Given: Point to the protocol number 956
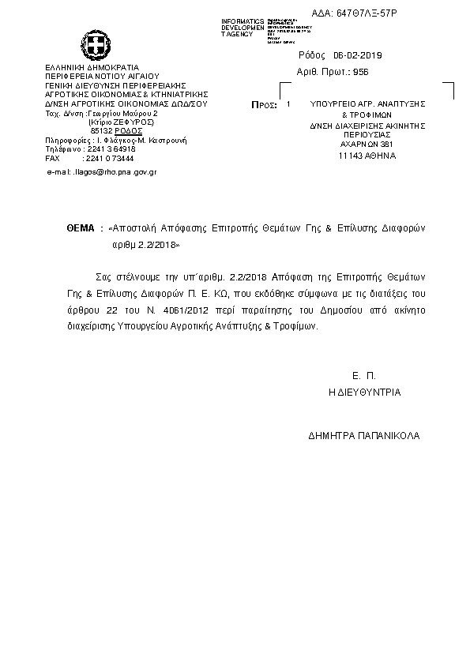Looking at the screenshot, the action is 363,72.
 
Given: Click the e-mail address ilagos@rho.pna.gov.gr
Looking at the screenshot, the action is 104,171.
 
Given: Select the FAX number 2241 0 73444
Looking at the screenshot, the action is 108,158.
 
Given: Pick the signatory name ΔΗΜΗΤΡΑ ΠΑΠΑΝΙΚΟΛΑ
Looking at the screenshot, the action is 365,436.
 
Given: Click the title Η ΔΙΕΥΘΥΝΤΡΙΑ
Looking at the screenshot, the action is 365,392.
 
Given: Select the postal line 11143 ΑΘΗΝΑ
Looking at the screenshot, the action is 367,156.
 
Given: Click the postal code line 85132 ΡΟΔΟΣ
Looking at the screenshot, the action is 111,130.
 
